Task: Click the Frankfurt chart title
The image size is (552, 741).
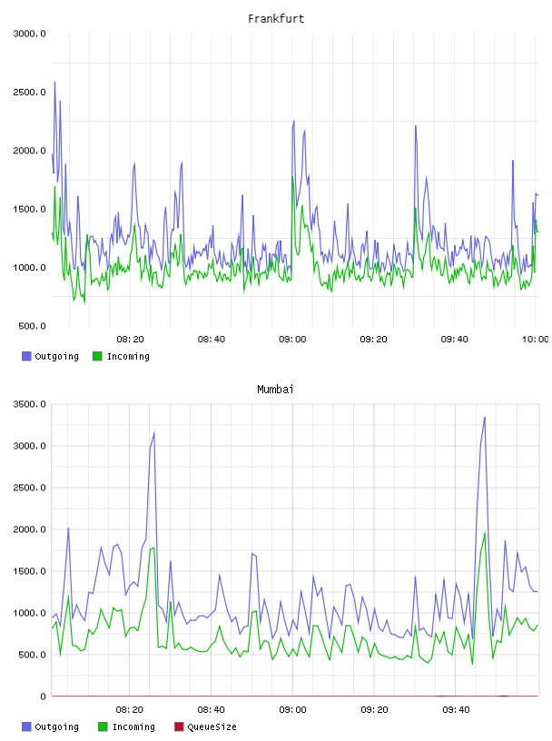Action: (x=276, y=19)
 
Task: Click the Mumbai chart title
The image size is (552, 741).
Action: (x=275, y=390)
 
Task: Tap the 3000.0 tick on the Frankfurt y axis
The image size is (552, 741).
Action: (x=29, y=34)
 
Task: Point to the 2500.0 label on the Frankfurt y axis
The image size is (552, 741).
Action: (x=29, y=92)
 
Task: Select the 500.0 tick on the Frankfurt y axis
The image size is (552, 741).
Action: (x=32, y=326)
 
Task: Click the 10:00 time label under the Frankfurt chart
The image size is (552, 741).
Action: (x=535, y=340)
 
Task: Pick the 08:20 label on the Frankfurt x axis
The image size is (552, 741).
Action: (x=131, y=340)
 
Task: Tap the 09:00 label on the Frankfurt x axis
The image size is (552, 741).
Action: (x=292, y=340)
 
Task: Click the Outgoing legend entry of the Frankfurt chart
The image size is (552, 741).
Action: (x=50, y=356)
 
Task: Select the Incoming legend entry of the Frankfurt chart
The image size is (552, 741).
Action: (x=122, y=356)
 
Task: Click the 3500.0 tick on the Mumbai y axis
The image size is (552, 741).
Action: (x=29, y=404)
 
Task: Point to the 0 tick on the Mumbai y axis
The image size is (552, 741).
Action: (x=43, y=697)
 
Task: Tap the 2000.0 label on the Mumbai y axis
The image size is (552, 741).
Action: (x=29, y=529)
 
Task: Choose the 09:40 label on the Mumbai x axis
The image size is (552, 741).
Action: (x=456, y=710)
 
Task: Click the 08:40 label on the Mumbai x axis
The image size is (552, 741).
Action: (x=212, y=710)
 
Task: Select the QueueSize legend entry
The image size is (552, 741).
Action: (x=205, y=726)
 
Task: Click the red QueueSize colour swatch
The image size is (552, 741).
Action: (x=179, y=726)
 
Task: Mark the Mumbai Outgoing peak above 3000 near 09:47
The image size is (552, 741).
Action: (x=485, y=418)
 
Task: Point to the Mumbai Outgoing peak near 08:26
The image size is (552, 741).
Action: (x=154, y=432)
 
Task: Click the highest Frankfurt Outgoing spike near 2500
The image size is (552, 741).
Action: (x=54, y=83)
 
